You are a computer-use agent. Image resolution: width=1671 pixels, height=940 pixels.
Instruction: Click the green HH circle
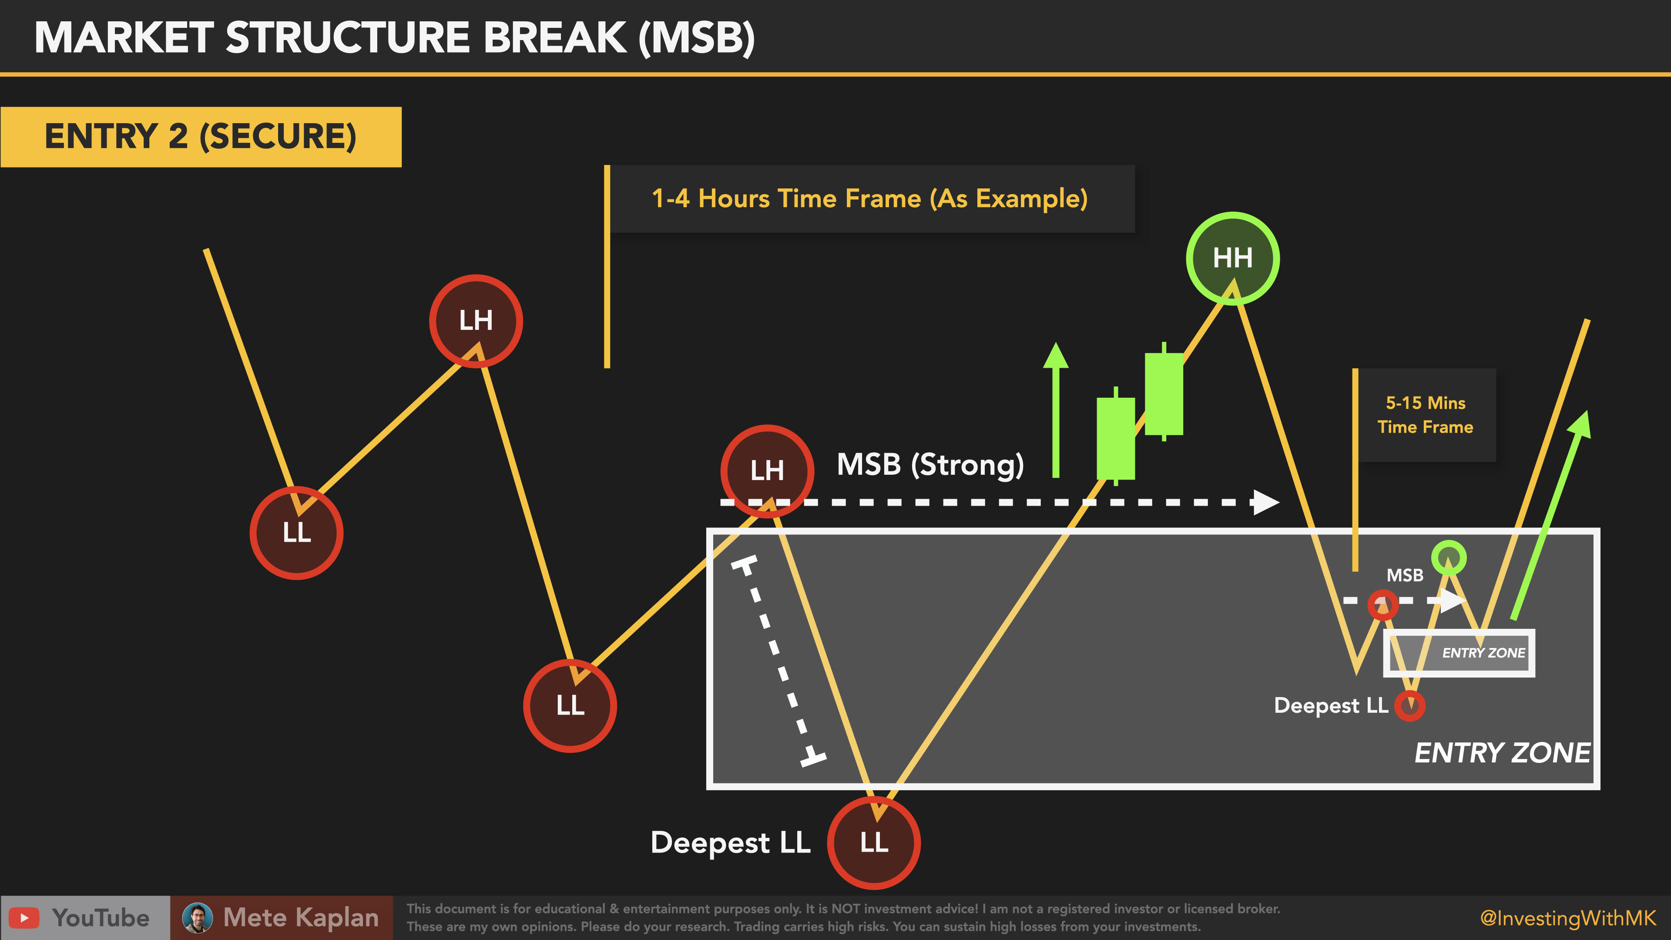[x=1232, y=258]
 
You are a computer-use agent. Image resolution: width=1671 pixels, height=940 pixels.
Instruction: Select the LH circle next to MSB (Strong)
[x=767, y=470]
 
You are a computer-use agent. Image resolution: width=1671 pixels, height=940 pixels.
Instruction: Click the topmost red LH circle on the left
[x=476, y=320]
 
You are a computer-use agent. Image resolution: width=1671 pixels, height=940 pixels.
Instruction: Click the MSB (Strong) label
[x=929, y=464]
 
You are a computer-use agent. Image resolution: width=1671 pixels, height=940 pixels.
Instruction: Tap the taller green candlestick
[x=1163, y=393]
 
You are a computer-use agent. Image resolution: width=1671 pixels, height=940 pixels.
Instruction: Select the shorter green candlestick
[x=1115, y=438]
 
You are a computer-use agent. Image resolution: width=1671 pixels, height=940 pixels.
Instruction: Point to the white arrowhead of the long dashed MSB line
[x=1265, y=502]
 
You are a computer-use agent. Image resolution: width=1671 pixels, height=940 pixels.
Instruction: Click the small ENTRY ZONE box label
[x=1483, y=653]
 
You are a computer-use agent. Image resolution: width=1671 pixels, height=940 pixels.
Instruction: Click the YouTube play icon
[x=24, y=917]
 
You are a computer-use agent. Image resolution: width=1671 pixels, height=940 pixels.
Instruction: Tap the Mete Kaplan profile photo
[x=197, y=917]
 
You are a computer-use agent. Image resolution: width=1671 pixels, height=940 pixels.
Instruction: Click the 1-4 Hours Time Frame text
[x=869, y=198]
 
